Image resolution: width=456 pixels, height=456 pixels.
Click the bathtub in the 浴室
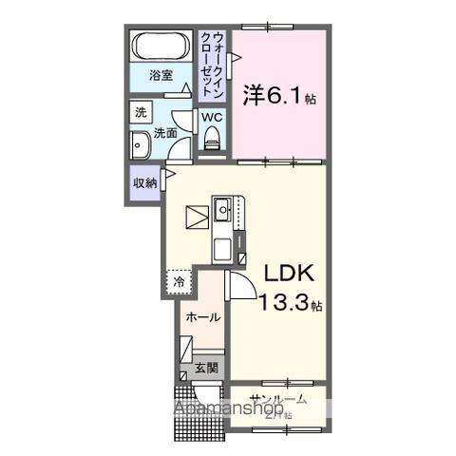click(x=162, y=47)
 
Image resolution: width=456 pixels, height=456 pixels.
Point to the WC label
click(x=211, y=117)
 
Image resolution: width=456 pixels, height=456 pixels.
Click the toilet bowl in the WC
click(x=211, y=140)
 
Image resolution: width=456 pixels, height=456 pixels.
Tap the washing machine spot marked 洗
click(x=141, y=112)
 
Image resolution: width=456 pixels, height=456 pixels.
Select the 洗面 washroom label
click(x=166, y=133)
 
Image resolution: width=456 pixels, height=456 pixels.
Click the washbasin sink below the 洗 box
click(x=142, y=146)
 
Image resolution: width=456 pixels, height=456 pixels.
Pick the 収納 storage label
click(x=144, y=183)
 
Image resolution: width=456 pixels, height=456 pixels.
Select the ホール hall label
click(x=202, y=317)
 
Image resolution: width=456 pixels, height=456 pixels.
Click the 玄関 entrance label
click(x=207, y=368)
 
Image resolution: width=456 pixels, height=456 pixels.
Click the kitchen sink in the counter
click(x=221, y=208)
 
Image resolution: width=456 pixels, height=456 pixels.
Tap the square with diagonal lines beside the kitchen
click(x=197, y=217)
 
